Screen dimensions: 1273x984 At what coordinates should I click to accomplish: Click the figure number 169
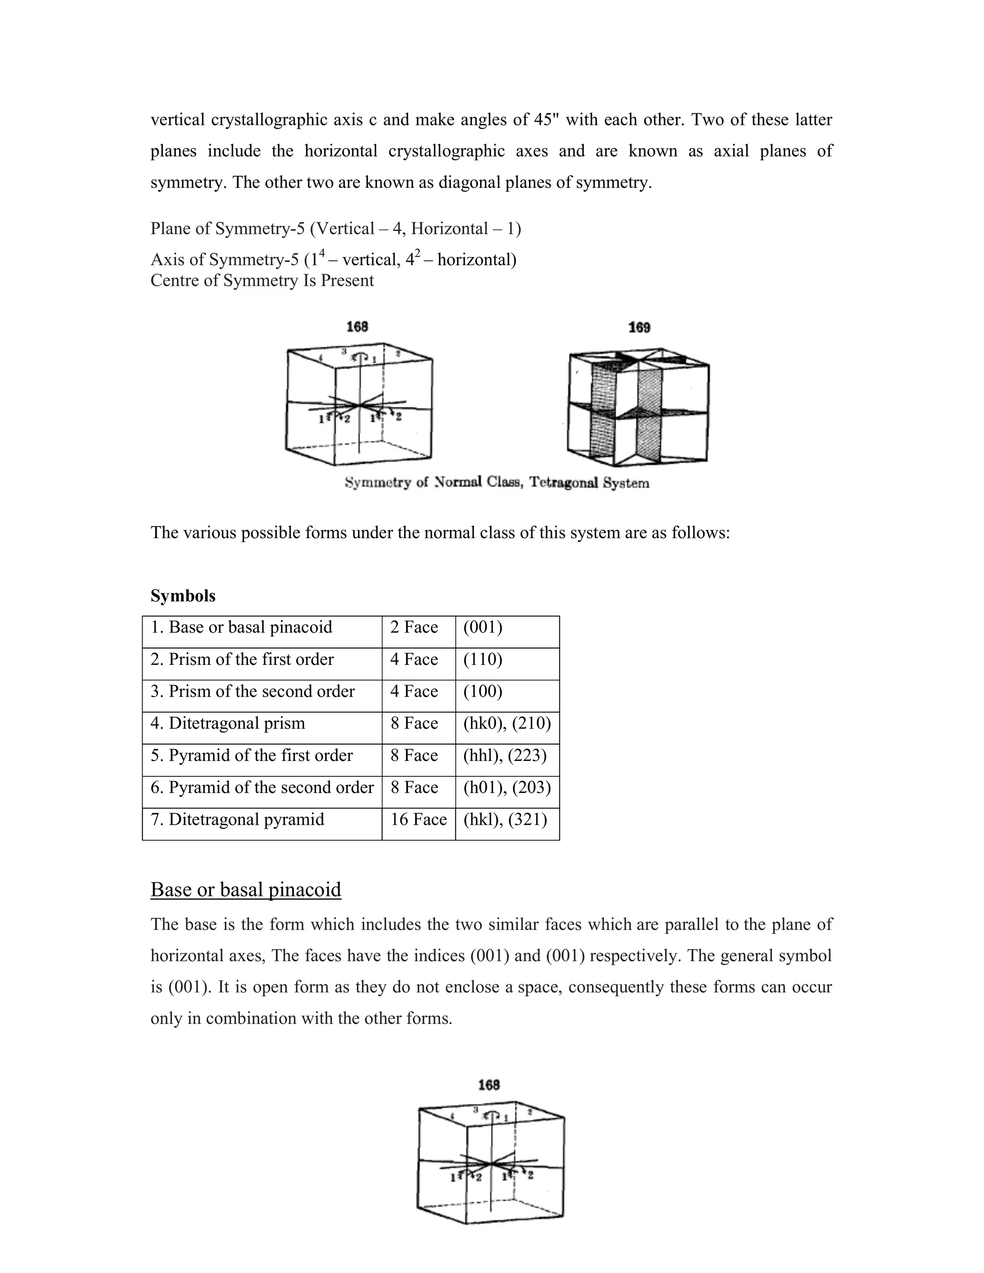(639, 328)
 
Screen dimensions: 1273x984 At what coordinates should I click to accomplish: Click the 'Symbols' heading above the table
(183, 596)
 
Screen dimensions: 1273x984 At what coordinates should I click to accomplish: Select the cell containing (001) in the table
(483, 627)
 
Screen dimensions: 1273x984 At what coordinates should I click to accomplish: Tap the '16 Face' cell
(418, 820)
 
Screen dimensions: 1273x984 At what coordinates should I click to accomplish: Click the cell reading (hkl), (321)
(505, 820)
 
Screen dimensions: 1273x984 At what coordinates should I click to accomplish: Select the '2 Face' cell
(414, 627)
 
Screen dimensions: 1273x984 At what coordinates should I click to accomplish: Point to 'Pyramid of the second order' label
(262, 787)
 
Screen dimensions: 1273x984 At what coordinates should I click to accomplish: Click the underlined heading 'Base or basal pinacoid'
(246, 890)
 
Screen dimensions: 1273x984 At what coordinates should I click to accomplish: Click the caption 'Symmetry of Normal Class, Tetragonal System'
(497, 483)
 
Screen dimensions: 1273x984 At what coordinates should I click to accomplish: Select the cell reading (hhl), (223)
(505, 756)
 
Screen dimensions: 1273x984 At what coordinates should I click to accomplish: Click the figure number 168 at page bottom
(489, 1085)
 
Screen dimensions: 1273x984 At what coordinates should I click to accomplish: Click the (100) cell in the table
(483, 691)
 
